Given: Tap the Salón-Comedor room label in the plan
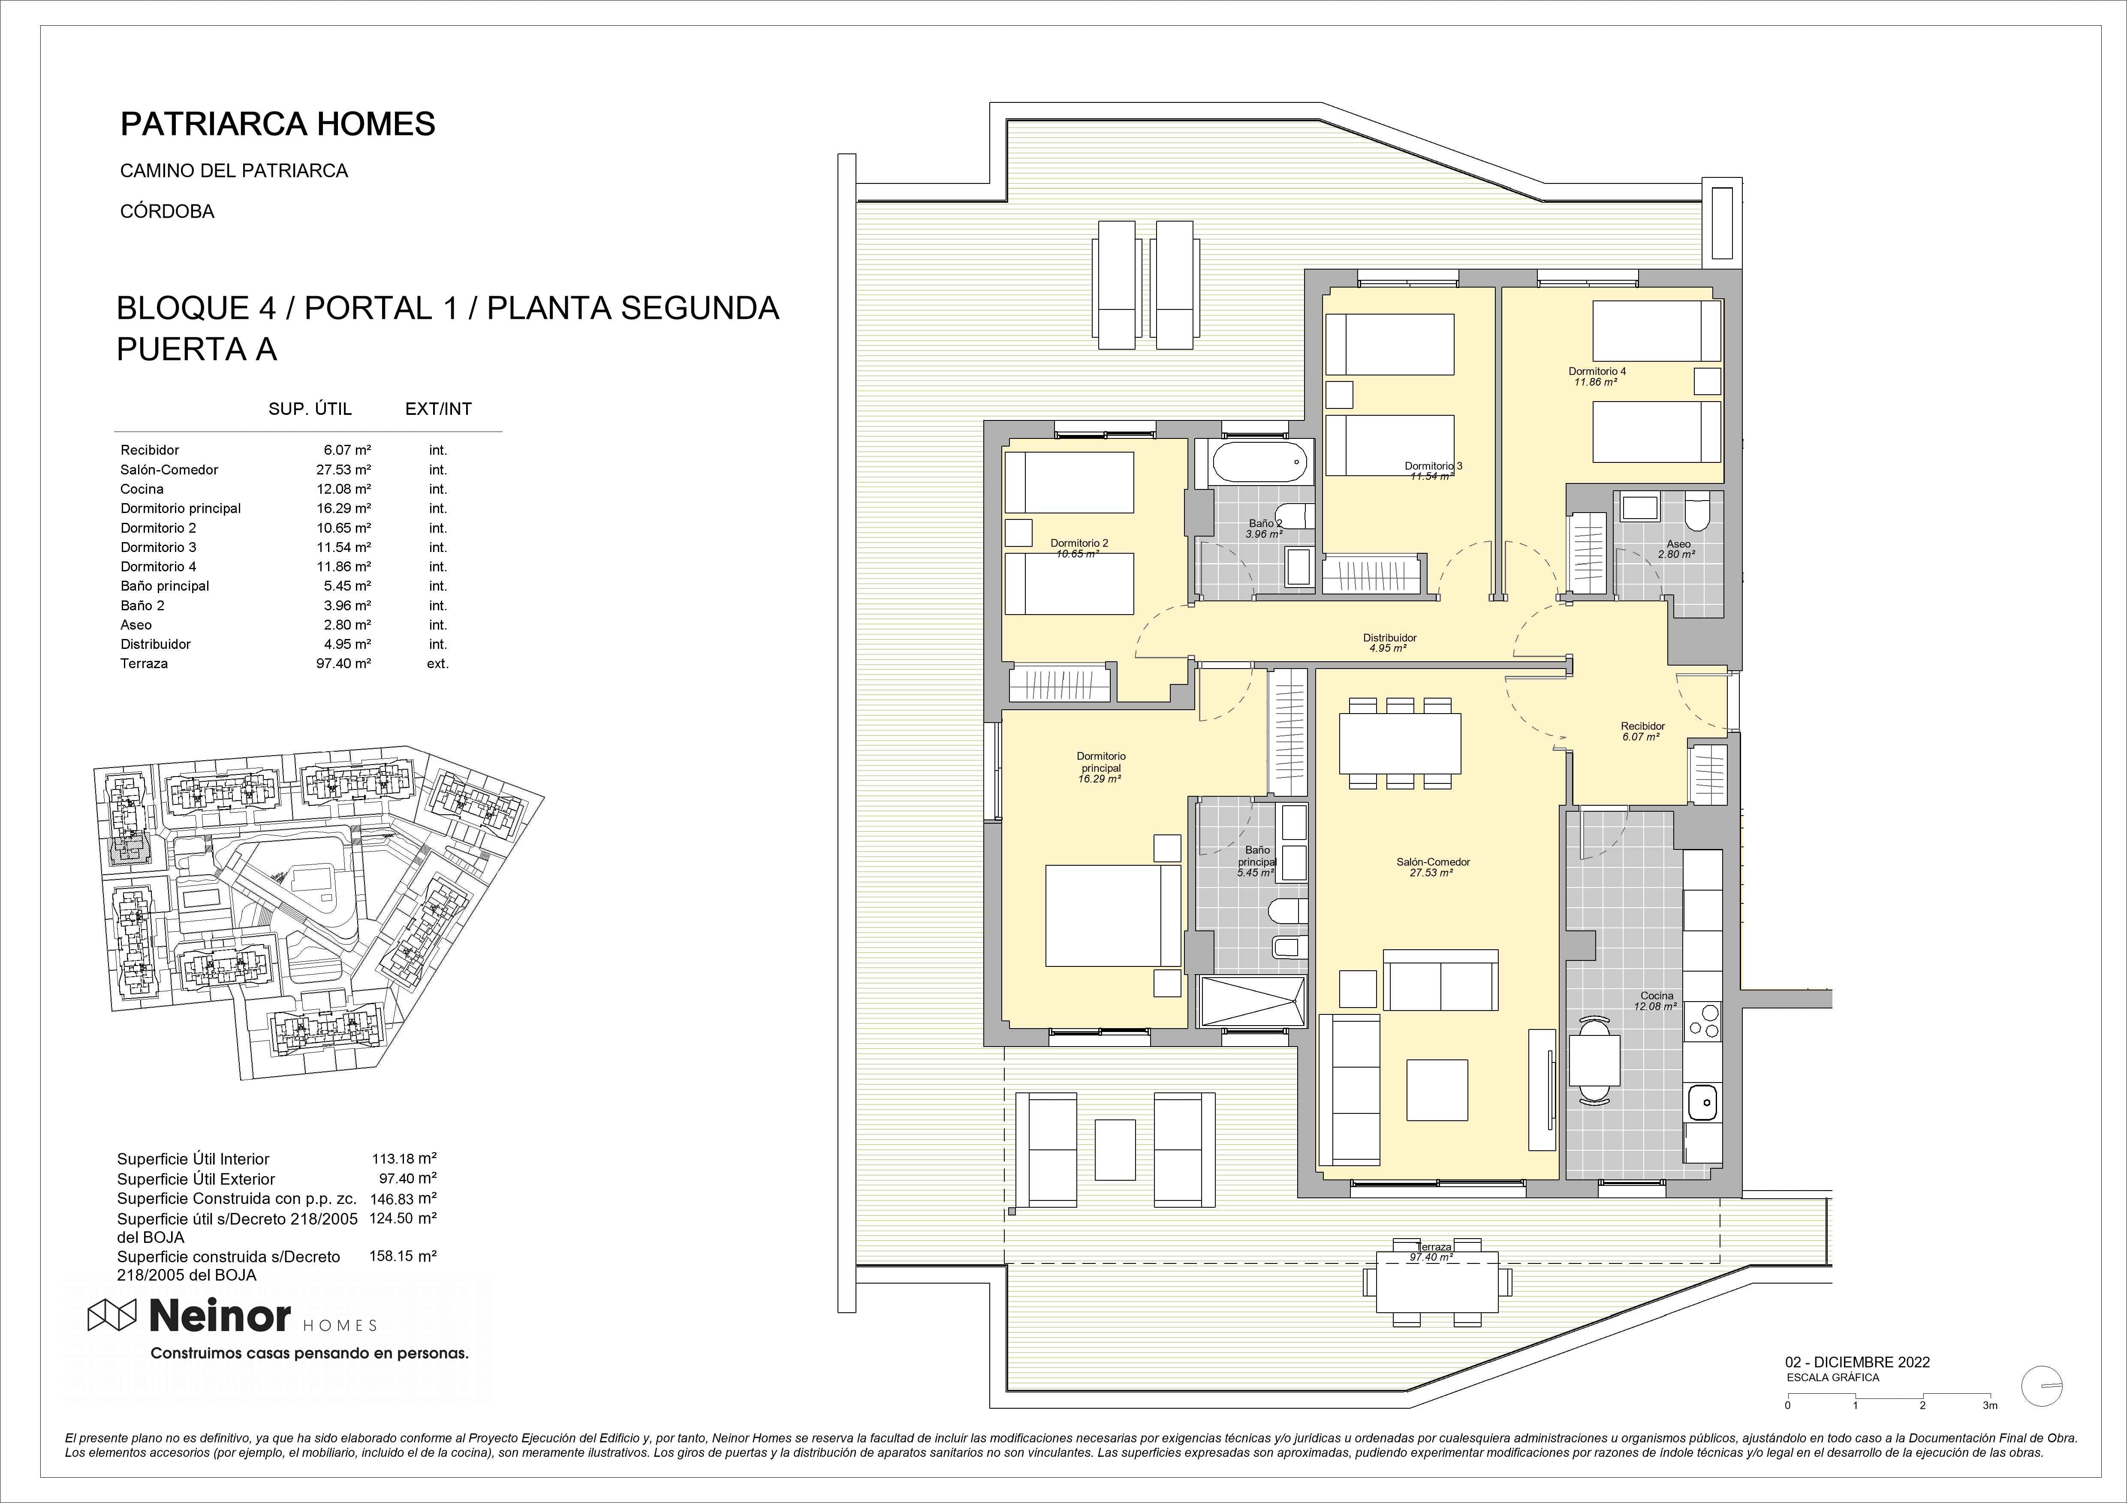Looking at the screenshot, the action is coord(1433,862).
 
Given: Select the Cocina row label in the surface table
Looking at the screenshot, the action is coord(142,489).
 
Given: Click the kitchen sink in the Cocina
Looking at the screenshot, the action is coord(1703,1103).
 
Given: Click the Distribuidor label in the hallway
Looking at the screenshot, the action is coord(1389,638).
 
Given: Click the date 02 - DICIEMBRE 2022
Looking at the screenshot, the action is coord(1857,1362).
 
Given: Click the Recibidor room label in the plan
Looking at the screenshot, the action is coord(1642,726).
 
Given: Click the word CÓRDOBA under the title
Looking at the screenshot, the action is coord(168,211).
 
